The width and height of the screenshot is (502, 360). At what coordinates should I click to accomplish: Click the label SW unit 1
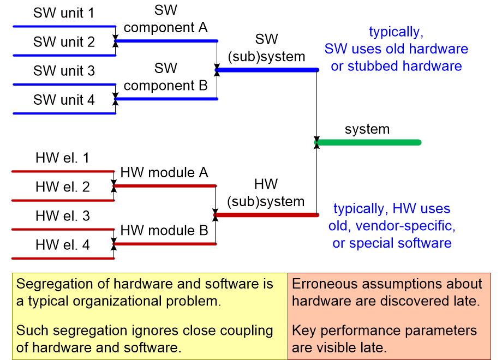[64, 13]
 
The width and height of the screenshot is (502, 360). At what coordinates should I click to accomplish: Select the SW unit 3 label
[64, 71]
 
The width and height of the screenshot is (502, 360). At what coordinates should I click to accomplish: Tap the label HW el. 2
[63, 187]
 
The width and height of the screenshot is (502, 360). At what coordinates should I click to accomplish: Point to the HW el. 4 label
[63, 245]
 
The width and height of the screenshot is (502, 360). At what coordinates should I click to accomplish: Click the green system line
[368, 142]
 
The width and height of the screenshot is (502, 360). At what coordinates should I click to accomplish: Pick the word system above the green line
[367, 129]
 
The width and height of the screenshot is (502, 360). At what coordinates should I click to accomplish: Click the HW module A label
[164, 172]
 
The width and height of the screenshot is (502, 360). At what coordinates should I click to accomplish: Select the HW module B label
[164, 230]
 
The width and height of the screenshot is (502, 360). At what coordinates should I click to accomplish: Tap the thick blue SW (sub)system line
[267, 70]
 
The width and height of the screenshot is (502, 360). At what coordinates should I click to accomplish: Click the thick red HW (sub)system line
[266, 215]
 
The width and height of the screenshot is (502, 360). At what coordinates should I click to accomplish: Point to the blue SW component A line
[166, 41]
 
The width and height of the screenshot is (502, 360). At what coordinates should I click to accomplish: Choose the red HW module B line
[165, 244]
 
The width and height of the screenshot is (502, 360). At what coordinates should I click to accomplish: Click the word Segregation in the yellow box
[63, 284]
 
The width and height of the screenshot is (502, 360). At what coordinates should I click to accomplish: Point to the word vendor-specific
[405, 226]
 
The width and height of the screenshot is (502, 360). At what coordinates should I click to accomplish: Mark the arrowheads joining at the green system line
[316, 142]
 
